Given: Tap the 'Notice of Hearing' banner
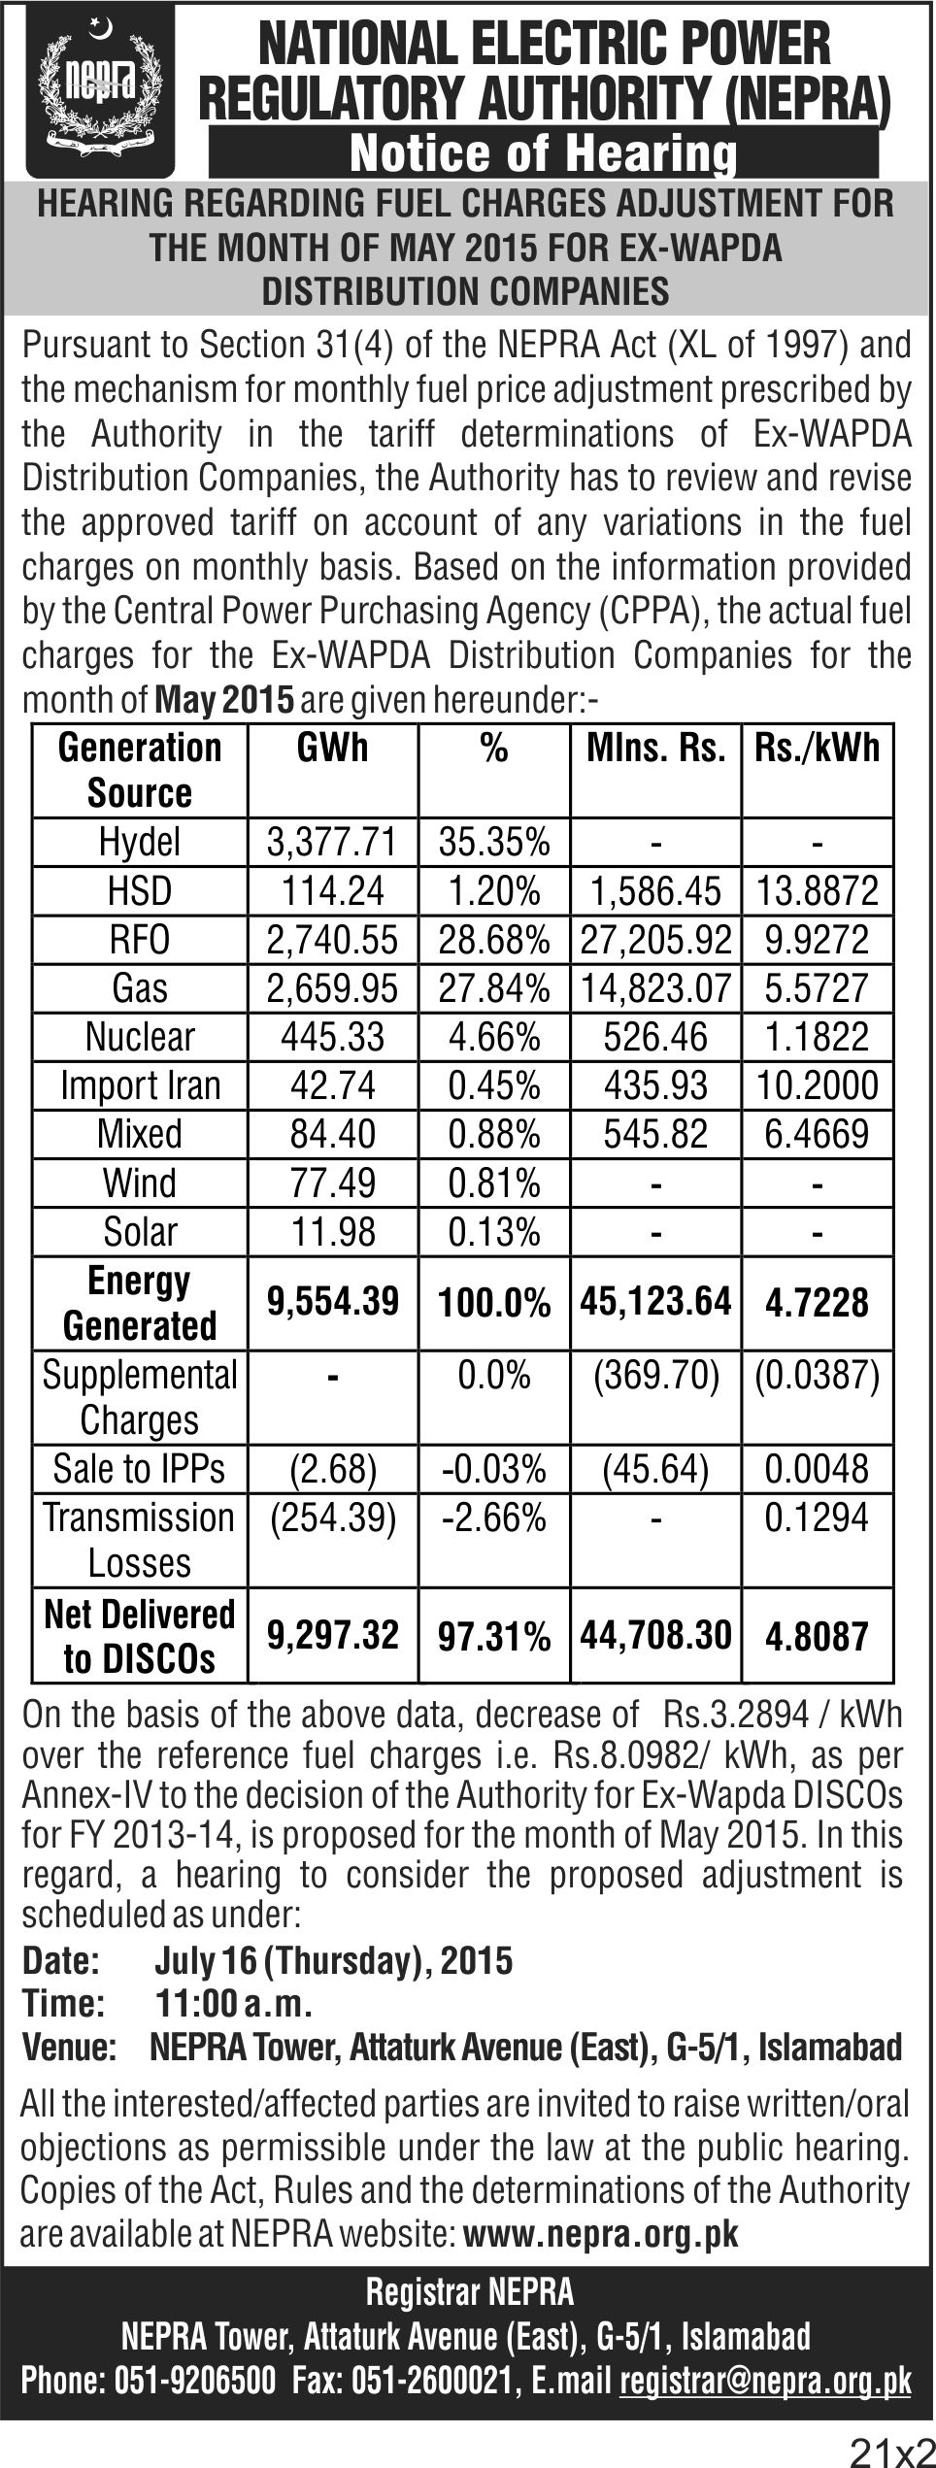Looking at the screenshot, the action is pyautogui.click(x=544, y=154).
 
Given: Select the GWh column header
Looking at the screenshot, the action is pyautogui.click(x=333, y=749).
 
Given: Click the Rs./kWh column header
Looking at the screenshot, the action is pyautogui.click(x=817, y=749).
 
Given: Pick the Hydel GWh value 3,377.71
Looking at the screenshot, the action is pyautogui.click(x=333, y=842).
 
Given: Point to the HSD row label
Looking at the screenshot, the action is pyautogui.click(x=140, y=890).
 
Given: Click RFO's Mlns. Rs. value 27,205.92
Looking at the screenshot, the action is pyautogui.click(x=655, y=940).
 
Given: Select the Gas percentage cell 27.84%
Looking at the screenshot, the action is pyautogui.click(x=494, y=988).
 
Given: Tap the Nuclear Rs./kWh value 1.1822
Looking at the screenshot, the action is pyautogui.click(x=817, y=1037).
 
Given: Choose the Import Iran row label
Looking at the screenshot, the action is pyautogui.click(x=140, y=1085).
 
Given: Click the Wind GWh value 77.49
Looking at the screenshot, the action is pyautogui.click(x=333, y=1183).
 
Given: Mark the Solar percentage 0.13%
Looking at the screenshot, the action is pyautogui.click(x=494, y=1232).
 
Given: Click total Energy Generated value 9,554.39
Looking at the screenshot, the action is pyautogui.click(x=333, y=1302).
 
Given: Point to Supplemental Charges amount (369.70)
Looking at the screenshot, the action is pyautogui.click(x=655, y=1376).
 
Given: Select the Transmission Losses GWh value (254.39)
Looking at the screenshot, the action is pyautogui.click(x=333, y=1517).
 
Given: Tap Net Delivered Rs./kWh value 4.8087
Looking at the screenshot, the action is pyautogui.click(x=817, y=1637).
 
